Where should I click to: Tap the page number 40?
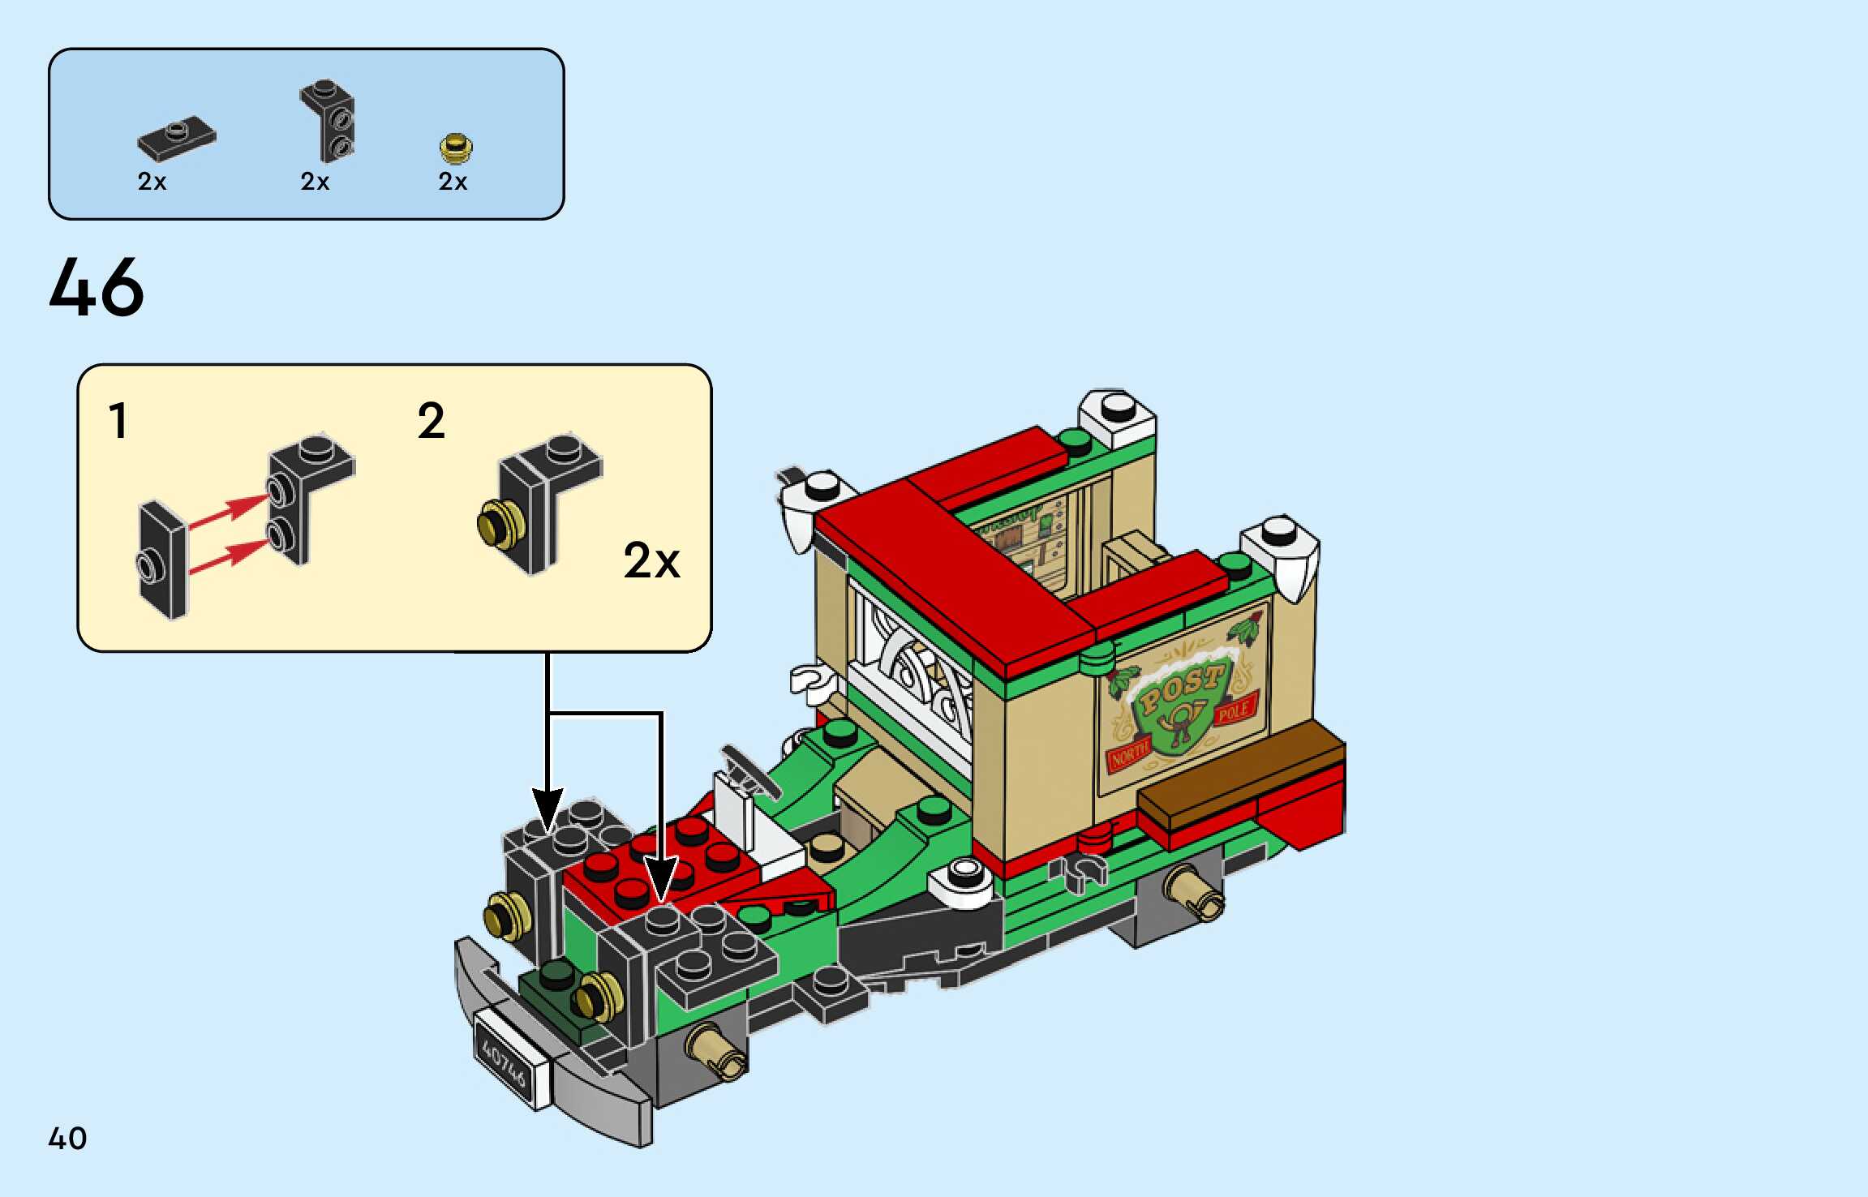pyautogui.click(x=67, y=1138)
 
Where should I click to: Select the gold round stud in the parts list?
pyautogui.click(x=456, y=148)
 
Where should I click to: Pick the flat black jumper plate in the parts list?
pyautogui.click(x=177, y=138)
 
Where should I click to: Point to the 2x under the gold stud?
pyautogui.click(x=453, y=182)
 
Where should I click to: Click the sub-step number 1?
pyautogui.click(x=118, y=421)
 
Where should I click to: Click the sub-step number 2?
pyautogui.click(x=431, y=421)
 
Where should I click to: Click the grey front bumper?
pyautogui.click(x=552, y=1054)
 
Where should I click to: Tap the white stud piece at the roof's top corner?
pyautogui.click(x=1117, y=414)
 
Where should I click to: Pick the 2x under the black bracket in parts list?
pyautogui.click(x=315, y=182)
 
